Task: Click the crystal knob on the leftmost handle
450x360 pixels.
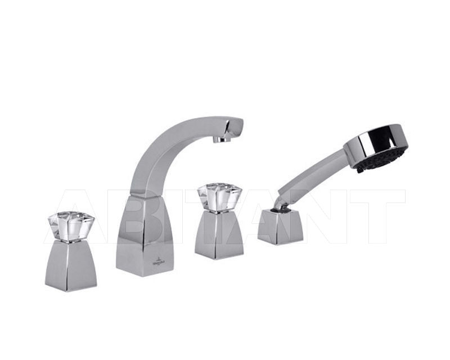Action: (x=70, y=227)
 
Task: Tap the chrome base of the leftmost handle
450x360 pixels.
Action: (x=70, y=265)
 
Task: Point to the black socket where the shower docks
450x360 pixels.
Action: (x=276, y=209)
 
